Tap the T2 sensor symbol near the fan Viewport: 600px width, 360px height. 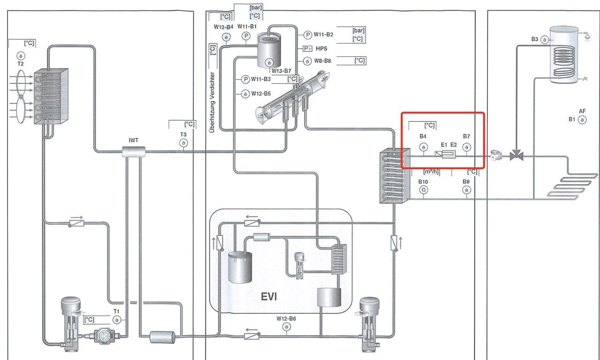(21, 56)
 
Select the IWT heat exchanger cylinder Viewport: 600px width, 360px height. (134, 151)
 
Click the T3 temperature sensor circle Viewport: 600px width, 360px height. (183, 143)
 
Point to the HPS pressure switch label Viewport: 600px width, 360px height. (322, 48)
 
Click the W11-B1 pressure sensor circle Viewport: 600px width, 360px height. (246, 36)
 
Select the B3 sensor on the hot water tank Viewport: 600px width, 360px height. (544, 40)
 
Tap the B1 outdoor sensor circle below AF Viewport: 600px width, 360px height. (582, 120)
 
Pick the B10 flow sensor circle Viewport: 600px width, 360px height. (423, 190)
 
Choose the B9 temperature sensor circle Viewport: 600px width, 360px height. (466, 190)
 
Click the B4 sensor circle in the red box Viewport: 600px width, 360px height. (423, 147)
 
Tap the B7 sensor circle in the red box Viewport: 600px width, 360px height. (466, 147)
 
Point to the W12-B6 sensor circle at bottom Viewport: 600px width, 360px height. (285, 328)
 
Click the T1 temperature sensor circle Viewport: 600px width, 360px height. (117, 320)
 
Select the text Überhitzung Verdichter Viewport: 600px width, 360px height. (212, 101)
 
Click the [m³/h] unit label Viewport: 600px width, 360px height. (431, 172)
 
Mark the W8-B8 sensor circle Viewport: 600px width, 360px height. (307, 61)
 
